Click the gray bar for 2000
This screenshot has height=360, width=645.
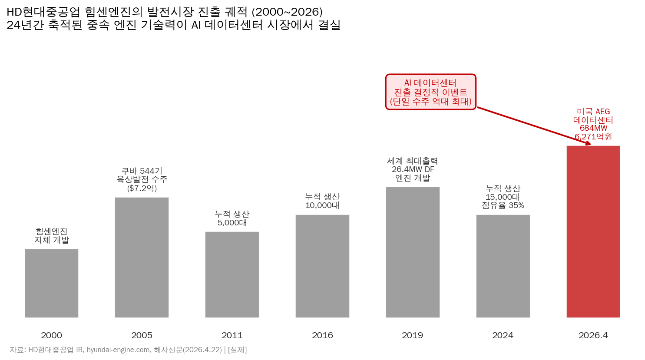pyautogui.click(x=52, y=283)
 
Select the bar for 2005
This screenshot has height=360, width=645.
pyautogui.click(x=142, y=257)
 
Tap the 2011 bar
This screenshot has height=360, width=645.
pyautogui.click(x=232, y=274)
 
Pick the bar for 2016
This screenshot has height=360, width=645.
pyautogui.click(x=322, y=266)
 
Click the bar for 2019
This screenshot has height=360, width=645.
pyautogui.click(x=413, y=252)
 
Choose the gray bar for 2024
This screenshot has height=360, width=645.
pyautogui.click(x=503, y=266)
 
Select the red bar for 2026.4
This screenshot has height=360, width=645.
pyautogui.click(x=593, y=231)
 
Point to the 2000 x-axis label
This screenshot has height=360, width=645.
pyautogui.click(x=52, y=335)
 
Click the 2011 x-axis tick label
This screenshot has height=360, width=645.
pyautogui.click(x=232, y=335)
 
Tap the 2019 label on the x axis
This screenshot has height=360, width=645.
pyautogui.click(x=413, y=335)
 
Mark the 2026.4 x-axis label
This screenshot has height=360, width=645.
pyautogui.click(x=593, y=335)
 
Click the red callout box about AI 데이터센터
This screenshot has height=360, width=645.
pyautogui.click(x=430, y=92)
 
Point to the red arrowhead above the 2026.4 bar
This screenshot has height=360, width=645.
pyautogui.click(x=588, y=144)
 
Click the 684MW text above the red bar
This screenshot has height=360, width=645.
pyautogui.click(x=593, y=128)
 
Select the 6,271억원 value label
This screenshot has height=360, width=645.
pyautogui.click(x=593, y=137)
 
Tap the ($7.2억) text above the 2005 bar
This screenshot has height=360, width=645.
pyautogui.click(x=142, y=188)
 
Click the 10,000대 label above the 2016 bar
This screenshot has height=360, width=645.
pyautogui.click(x=322, y=205)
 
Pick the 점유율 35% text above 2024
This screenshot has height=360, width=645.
pyautogui.click(x=503, y=205)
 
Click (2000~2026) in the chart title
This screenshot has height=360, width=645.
pyautogui.click(x=287, y=12)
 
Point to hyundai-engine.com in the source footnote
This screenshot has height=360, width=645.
pyautogui.click(x=118, y=350)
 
